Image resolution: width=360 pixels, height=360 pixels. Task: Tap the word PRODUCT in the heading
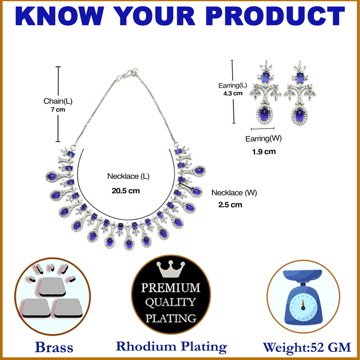(x=275, y=16)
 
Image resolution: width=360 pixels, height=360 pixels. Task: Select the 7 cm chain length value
(x=58, y=110)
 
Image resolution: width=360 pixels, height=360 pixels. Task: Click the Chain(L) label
(x=58, y=101)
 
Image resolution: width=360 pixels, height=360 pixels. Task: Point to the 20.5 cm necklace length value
(x=126, y=191)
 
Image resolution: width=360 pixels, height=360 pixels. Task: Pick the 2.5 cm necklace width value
(x=230, y=205)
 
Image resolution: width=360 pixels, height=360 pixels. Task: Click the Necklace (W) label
(x=234, y=193)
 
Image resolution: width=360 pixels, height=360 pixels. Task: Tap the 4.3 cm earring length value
(x=233, y=94)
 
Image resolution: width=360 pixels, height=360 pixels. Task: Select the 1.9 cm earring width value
(x=264, y=152)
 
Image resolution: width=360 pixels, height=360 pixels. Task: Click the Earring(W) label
(x=263, y=139)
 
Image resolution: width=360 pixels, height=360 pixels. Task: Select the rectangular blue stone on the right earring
(x=300, y=78)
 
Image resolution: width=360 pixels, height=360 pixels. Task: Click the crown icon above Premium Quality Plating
(x=171, y=269)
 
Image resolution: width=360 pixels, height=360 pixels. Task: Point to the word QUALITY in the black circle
(x=171, y=302)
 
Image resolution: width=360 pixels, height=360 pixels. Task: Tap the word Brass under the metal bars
(x=54, y=347)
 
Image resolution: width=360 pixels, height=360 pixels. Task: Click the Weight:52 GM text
(x=307, y=347)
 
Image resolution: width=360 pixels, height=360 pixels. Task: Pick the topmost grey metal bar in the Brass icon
(x=53, y=286)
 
